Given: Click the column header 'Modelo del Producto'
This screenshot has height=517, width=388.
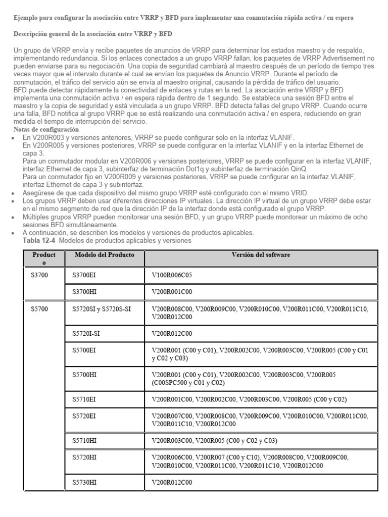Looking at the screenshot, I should click(104, 255).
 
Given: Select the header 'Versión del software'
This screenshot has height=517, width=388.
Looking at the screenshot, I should click(261, 255).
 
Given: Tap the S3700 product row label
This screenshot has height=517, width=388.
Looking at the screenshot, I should click(39, 276).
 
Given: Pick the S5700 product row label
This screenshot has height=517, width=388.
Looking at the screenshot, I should click(39, 308).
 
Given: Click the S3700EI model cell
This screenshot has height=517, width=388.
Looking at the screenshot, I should click(84, 276).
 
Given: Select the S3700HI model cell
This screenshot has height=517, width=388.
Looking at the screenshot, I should click(84, 292).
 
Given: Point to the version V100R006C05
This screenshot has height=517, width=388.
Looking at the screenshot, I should click(172, 276).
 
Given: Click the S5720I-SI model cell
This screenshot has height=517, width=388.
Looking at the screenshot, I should click(86, 333).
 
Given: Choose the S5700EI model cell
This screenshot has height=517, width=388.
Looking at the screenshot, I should click(84, 350).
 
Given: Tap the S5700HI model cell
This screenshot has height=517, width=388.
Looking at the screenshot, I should click(84, 375).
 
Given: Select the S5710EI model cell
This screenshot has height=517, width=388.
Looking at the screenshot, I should click(84, 400).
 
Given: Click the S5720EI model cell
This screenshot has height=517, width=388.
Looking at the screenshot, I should click(84, 416).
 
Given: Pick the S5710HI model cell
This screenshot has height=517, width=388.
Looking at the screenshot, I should click(84, 441).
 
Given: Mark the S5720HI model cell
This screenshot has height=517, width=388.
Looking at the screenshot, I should click(84, 457).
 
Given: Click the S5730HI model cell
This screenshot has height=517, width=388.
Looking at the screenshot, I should click(84, 482).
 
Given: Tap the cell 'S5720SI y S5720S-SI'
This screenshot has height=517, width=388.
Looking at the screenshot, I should click(102, 308).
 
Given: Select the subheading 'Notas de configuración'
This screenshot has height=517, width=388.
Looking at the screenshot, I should click(38, 130).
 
